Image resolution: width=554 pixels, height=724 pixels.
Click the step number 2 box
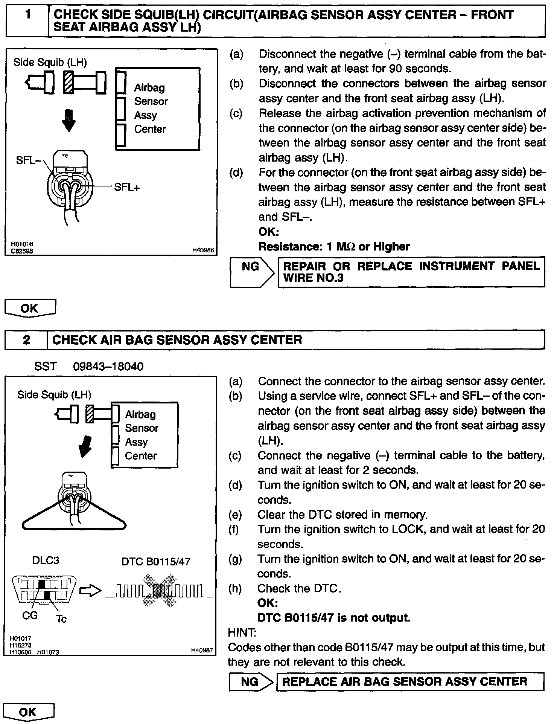pyautogui.click(x=26, y=340)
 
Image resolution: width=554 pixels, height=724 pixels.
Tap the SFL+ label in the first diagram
pyautogui.click(x=127, y=187)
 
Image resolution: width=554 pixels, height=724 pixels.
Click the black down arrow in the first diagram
pyautogui.click(x=68, y=120)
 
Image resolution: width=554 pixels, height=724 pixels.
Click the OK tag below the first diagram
pyautogui.click(x=30, y=308)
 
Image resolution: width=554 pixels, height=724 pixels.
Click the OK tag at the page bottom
pyautogui.click(x=28, y=712)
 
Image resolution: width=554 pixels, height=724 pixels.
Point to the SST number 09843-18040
pyautogui.click(x=108, y=366)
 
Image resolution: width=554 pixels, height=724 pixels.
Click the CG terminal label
pyautogui.click(x=30, y=615)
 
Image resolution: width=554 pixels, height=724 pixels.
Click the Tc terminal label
pyautogui.click(x=61, y=619)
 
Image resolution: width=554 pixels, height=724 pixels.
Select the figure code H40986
pyautogui.click(x=203, y=250)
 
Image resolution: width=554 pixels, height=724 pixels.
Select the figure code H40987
pyautogui.click(x=202, y=650)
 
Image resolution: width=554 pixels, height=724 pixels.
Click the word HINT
pyautogui.click(x=242, y=632)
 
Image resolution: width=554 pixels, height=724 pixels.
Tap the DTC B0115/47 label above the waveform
pyautogui.click(x=156, y=562)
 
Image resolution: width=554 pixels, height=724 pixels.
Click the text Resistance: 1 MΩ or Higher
pyautogui.click(x=334, y=247)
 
